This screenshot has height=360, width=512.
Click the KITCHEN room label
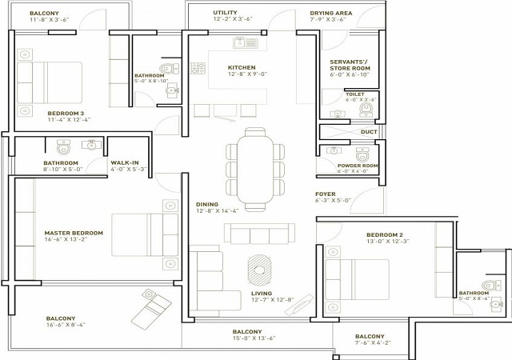pyautogui.click(x=242, y=68)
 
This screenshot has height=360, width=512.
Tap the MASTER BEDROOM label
pyautogui.click(x=74, y=233)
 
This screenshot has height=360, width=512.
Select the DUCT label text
pyautogui.click(x=369, y=132)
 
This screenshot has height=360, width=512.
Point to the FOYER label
pyautogui.click(x=326, y=194)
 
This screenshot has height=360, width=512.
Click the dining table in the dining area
pyautogui.click(x=256, y=170)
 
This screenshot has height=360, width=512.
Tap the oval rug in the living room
pyautogui.click(x=259, y=270)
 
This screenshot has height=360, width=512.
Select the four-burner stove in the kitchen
pyautogui.click(x=198, y=68)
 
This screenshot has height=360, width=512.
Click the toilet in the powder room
pyautogui.click(x=362, y=154)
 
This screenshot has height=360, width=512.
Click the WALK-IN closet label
pyautogui.click(x=125, y=162)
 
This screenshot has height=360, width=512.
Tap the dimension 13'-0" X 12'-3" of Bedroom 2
pyautogui.click(x=387, y=242)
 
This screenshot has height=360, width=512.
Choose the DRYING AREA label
pyautogui.click(x=331, y=14)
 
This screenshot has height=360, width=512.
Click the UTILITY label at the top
pyautogui.click(x=225, y=13)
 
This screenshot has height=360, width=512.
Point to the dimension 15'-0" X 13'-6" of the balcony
pyautogui.click(x=254, y=338)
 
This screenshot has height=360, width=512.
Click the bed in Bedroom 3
pyautogui.click(x=50, y=83)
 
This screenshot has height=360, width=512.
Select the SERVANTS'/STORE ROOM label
pyautogui.click(x=350, y=65)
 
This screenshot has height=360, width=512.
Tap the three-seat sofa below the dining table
pyautogui.click(x=259, y=234)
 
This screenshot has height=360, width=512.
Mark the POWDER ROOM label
pyautogui.click(x=358, y=166)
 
